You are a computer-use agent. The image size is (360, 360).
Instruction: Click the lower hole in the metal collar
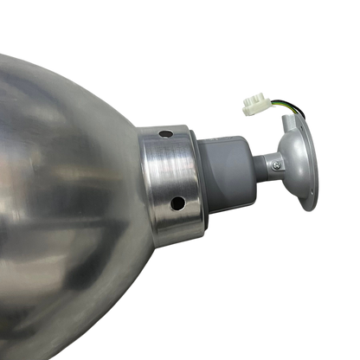point(177,204)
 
